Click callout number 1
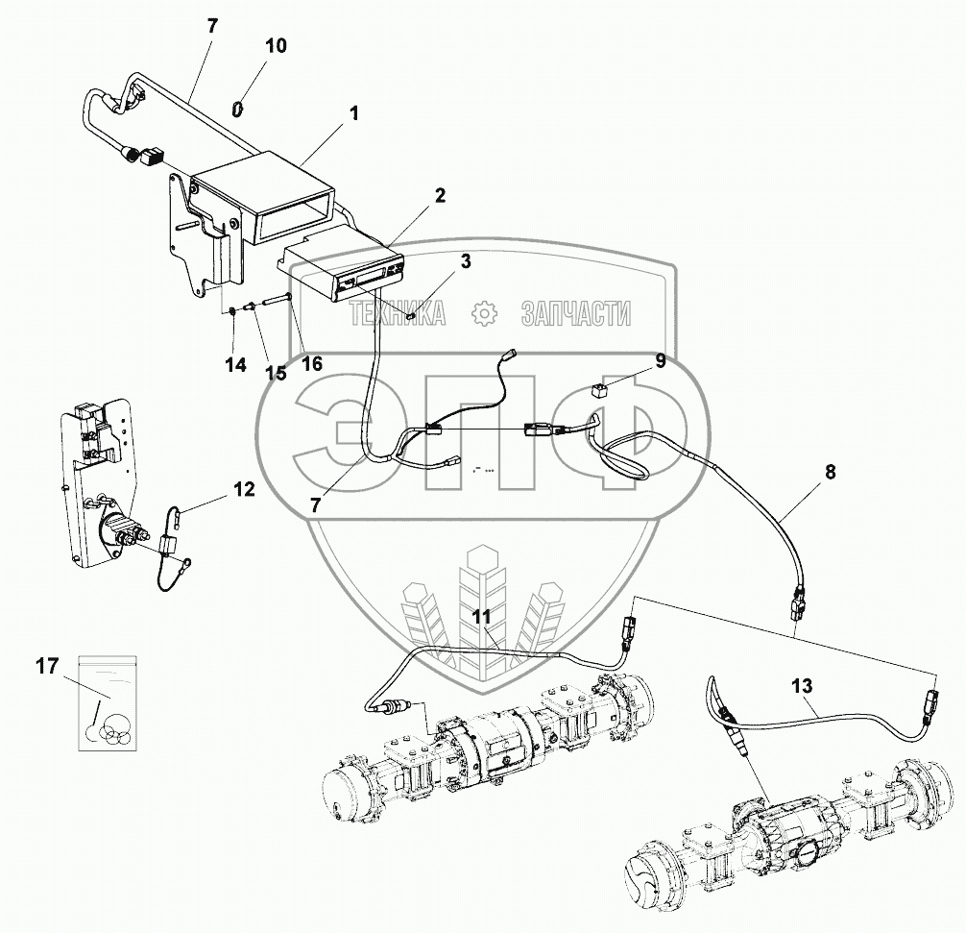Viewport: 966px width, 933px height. pyautogui.click(x=353, y=113)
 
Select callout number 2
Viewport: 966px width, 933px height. pyautogui.click(x=439, y=196)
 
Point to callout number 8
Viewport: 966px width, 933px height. pyautogui.click(x=830, y=473)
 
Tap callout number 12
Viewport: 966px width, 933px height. pyautogui.click(x=243, y=490)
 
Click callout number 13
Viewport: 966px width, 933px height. pyautogui.click(x=802, y=686)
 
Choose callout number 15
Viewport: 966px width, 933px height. pyautogui.click(x=277, y=373)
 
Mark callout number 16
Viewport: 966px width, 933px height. pyautogui.click(x=311, y=362)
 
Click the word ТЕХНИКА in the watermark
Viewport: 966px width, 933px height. pyautogui.click(x=398, y=313)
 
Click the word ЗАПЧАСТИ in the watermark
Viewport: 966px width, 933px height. pyautogui.click(x=575, y=313)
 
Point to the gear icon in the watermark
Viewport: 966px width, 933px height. pyautogui.click(x=484, y=313)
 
